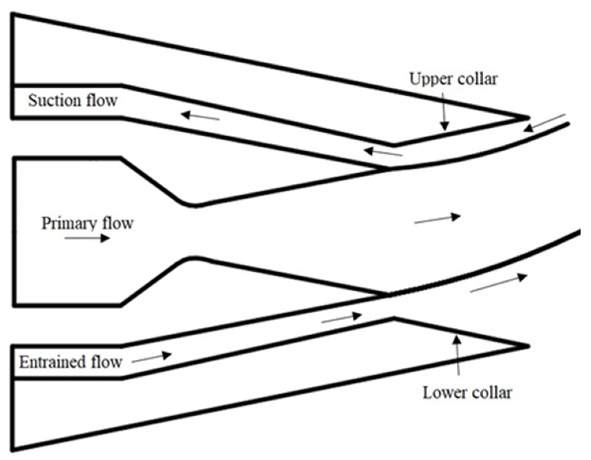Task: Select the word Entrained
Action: [52, 362]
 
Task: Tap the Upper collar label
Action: [454, 79]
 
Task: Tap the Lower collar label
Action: [467, 393]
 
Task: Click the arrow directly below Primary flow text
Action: [87, 238]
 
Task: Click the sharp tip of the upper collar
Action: [528, 118]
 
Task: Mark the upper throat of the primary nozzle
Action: [195, 206]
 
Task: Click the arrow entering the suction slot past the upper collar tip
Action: [544, 123]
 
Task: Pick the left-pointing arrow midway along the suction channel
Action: [200, 116]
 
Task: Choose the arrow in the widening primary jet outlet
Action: [437, 219]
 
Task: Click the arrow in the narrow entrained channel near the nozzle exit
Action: [341, 318]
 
